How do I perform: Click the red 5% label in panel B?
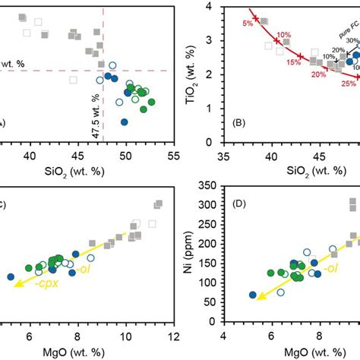click(x=247, y=24)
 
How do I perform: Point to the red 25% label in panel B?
click(x=347, y=84)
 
